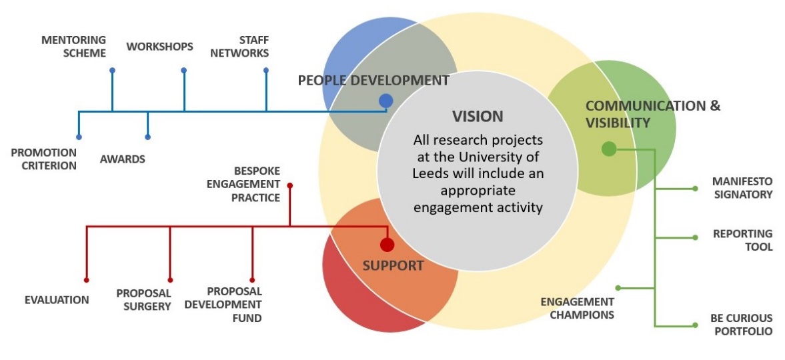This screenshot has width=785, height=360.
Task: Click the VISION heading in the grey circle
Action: pyautogui.click(x=478, y=116)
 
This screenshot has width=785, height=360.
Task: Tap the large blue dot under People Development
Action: pyautogui.click(x=385, y=101)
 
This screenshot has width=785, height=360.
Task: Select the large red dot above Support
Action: pyautogui.click(x=387, y=245)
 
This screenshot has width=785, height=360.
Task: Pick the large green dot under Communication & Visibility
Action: pyautogui.click(x=608, y=149)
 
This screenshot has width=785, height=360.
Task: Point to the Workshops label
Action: pyautogui.click(x=160, y=47)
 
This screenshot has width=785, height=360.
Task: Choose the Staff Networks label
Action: pyautogui.click(x=239, y=47)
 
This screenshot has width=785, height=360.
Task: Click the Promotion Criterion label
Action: pyautogui.click(x=44, y=159)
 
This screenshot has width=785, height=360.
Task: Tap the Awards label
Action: pyautogui.click(x=123, y=159)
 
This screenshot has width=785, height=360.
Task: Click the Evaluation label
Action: pyautogui.click(x=57, y=300)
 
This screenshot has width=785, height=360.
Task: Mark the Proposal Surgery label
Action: pyautogui.click(x=144, y=300)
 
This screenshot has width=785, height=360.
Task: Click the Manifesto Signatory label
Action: pyautogui.click(x=742, y=188)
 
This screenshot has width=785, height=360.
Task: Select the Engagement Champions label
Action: pyautogui.click(x=577, y=308)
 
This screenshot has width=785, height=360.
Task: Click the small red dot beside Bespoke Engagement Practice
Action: pyautogui.click(x=289, y=185)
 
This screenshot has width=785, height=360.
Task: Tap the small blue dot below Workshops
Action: pyautogui.click(x=183, y=70)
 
